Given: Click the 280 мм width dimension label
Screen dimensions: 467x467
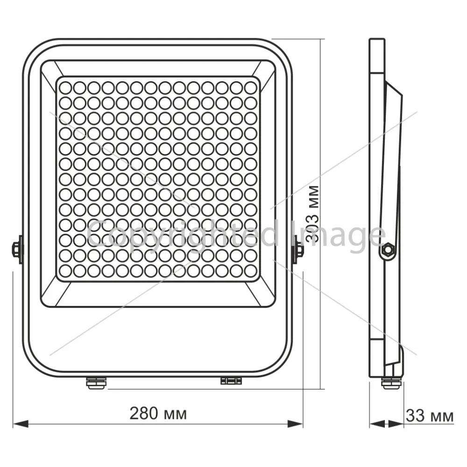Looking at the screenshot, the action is (x=158, y=413).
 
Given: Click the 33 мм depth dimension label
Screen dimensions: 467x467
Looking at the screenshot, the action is (x=430, y=415).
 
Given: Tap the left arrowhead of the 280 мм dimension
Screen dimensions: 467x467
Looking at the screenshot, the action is (x=21, y=424).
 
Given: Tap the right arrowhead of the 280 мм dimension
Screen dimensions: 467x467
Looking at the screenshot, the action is (x=295, y=424).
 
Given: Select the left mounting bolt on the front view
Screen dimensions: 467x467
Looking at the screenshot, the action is (x=17, y=249).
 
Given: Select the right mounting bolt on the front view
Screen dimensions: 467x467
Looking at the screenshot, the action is (x=298, y=249).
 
